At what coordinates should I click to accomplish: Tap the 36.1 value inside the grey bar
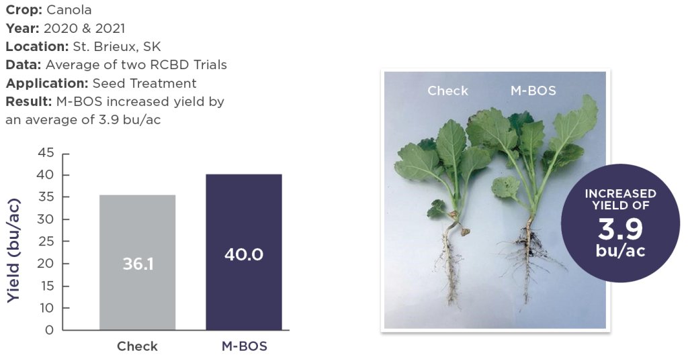coord(138,264)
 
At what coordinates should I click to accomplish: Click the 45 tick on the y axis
coord(46,153)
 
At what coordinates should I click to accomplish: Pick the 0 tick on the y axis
coord(49,330)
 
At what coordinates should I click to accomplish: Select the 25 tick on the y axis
coord(46,242)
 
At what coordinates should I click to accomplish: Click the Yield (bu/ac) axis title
coord(14,250)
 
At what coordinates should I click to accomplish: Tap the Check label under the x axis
coord(137,346)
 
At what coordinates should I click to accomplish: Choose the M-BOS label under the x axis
coord(245,346)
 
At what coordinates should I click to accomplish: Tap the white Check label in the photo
coord(447,91)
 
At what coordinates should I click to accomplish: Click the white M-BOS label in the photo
coord(533,91)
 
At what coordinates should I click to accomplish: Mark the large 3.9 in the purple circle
coord(619,229)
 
